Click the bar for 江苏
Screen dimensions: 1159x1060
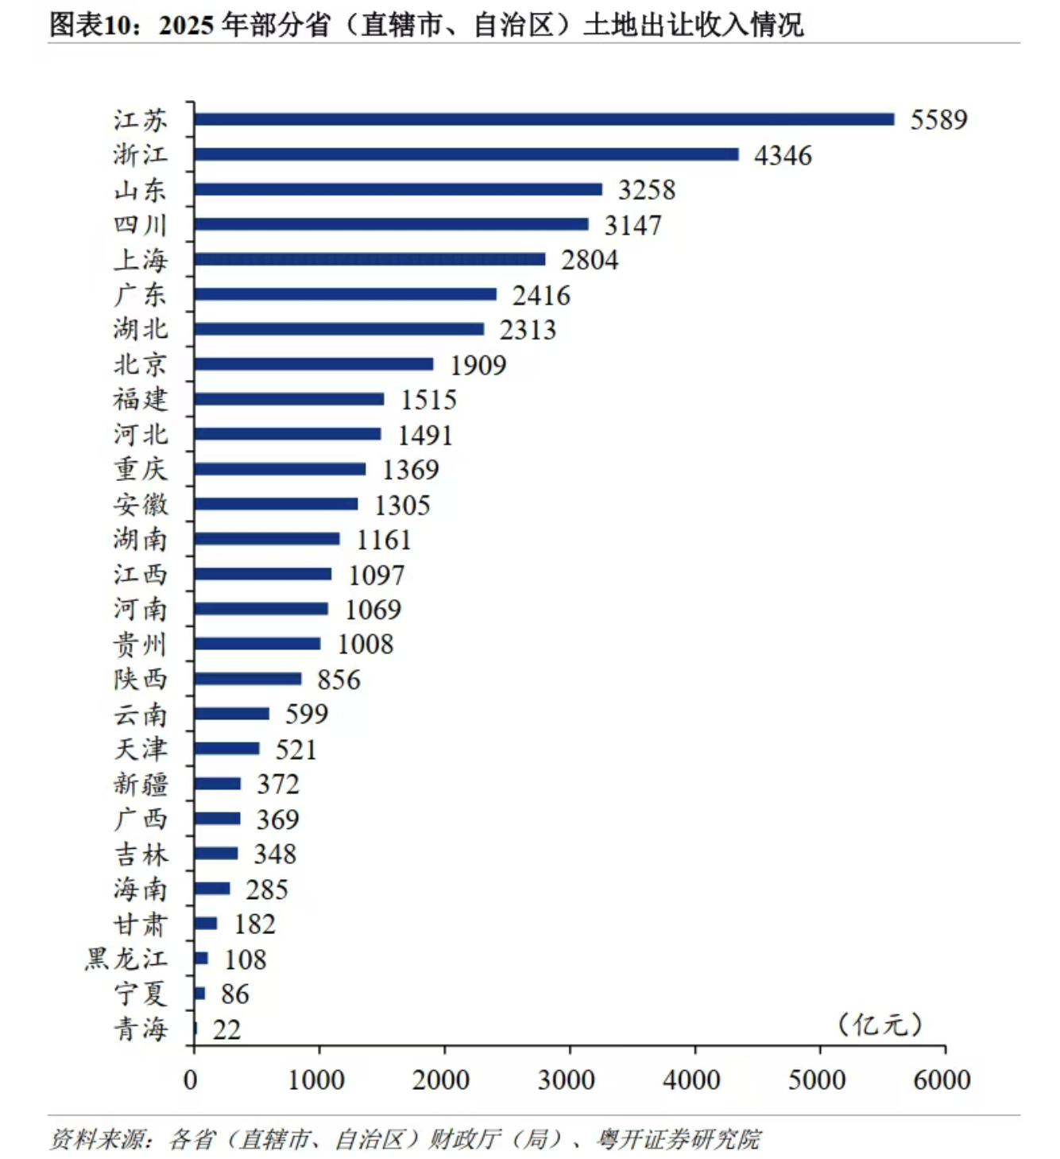point(544,119)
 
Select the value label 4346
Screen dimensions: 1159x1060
point(783,155)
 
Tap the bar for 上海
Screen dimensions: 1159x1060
point(369,259)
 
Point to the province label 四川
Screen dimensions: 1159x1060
point(141,225)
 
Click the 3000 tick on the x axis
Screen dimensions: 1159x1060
point(566,1080)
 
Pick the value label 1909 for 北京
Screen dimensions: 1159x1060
point(478,365)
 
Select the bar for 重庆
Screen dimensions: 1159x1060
point(280,469)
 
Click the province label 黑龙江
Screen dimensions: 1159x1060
point(126,959)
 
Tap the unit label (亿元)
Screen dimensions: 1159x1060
point(880,1024)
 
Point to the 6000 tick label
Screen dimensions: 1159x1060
point(942,1080)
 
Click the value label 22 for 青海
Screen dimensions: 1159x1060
point(226,1030)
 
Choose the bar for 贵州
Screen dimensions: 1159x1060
point(257,644)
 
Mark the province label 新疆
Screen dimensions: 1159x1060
point(141,784)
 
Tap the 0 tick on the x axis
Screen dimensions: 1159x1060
point(191,1080)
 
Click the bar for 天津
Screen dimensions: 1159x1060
point(226,749)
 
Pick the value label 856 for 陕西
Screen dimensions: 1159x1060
point(339,680)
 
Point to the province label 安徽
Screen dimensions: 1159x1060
point(141,504)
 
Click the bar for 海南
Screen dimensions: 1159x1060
point(212,889)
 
